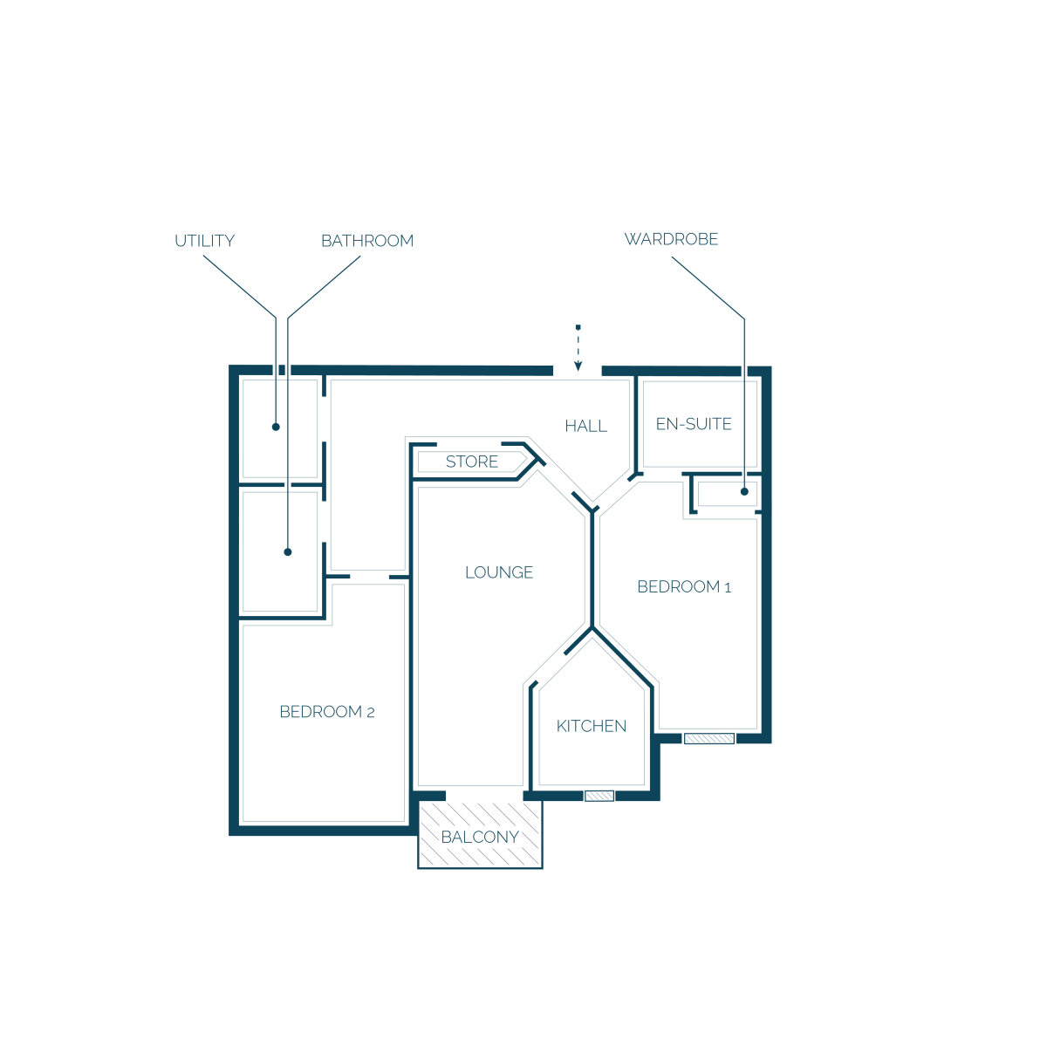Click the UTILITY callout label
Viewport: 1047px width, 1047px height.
(204, 241)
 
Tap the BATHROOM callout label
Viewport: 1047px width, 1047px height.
(367, 241)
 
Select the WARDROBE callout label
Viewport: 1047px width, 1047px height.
(671, 239)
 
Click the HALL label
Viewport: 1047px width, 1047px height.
(585, 426)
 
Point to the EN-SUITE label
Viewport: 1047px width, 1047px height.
(694, 424)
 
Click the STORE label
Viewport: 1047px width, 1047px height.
(472, 462)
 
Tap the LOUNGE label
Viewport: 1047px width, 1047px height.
(499, 572)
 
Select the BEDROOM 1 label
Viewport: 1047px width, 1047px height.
(684, 587)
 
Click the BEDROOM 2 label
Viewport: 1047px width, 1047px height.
(327, 712)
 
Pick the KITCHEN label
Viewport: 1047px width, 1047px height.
(592, 726)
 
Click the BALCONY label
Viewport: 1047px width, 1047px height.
(480, 838)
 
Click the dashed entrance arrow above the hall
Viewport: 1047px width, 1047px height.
(578, 348)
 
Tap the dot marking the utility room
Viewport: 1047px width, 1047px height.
(276, 427)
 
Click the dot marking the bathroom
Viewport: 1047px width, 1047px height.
(288, 552)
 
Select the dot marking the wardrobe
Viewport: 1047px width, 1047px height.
(744, 492)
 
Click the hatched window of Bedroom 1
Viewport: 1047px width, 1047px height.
(709, 738)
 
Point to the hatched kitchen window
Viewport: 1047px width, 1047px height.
(599, 796)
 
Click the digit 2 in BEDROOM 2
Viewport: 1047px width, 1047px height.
(371, 713)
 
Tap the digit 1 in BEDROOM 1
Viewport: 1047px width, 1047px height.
(728, 588)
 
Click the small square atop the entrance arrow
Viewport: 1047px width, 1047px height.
(578, 327)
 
